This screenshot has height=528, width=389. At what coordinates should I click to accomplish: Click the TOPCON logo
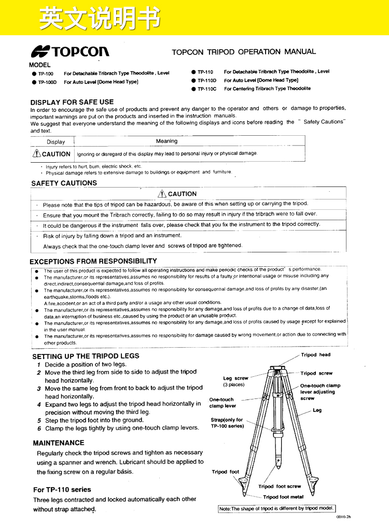coord(70,51)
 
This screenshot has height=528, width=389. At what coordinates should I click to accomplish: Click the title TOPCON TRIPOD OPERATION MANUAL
coord(244,52)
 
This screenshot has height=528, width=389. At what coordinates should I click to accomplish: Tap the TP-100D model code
coord(47,82)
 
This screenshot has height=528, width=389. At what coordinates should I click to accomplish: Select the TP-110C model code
coord(206,89)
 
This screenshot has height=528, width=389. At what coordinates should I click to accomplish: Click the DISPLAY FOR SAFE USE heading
coord(72,102)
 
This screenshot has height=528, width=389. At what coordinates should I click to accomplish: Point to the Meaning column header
coord(166,141)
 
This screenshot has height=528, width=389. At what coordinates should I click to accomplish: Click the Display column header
coord(56,142)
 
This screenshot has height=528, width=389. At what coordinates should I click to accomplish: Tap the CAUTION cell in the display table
coord(52,154)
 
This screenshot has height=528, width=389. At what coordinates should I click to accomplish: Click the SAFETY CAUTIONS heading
coord(64,183)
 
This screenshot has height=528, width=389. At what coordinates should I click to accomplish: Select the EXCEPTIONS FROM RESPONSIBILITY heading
coord(93,261)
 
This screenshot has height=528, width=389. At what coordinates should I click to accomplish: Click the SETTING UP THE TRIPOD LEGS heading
coord(86,356)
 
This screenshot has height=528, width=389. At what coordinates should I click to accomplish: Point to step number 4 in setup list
coord(39,404)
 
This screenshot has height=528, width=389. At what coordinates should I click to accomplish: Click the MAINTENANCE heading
coord(59,443)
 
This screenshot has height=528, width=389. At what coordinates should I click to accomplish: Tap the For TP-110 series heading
coord(62,490)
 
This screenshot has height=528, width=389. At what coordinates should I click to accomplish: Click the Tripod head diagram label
coord(315,355)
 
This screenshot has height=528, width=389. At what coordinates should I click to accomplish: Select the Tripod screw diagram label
coord(316,373)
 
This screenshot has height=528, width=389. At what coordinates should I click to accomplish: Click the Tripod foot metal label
coord(283,497)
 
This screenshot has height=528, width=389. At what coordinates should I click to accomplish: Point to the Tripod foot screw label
coord(280,487)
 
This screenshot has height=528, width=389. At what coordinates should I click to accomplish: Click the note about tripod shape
coord(276,509)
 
